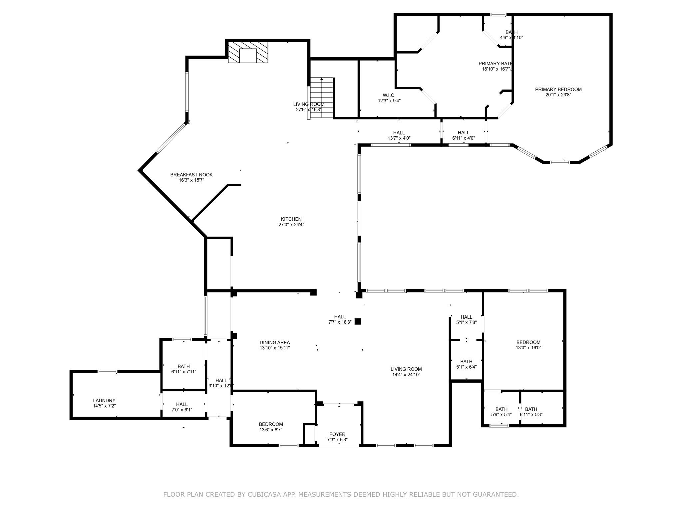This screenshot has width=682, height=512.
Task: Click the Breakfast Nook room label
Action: pyautogui.click(x=191, y=175)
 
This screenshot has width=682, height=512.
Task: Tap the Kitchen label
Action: pyautogui.click(x=291, y=219)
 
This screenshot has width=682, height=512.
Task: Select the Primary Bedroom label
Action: pyautogui.click(x=558, y=89)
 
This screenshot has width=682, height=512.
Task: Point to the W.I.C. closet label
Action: pyautogui.click(x=389, y=95)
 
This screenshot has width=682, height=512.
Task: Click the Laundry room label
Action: pyautogui.click(x=104, y=401)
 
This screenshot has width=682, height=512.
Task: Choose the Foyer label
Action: pyautogui.click(x=337, y=434)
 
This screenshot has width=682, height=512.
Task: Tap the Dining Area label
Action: pyautogui.click(x=275, y=342)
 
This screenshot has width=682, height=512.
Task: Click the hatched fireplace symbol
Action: pyautogui.click(x=248, y=52)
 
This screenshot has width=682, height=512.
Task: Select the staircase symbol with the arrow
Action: pyautogui.click(x=321, y=98)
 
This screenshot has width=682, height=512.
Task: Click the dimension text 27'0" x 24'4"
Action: pyautogui.click(x=291, y=225)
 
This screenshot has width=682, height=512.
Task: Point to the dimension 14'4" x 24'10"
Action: pyautogui.click(x=406, y=375)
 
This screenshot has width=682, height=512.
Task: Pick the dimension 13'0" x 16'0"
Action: pyautogui.click(x=528, y=348)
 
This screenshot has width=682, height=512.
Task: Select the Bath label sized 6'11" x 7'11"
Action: pyautogui.click(x=183, y=366)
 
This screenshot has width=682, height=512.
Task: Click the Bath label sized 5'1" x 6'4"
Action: pyautogui.click(x=466, y=362)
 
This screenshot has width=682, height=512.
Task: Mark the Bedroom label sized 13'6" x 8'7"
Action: pyautogui.click(x=271, y=424)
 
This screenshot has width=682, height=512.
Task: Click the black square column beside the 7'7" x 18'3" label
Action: pyautogui.click(x=358, y=322)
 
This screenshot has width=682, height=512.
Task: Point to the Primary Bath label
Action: pyautogui.click(x=495, y=64)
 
